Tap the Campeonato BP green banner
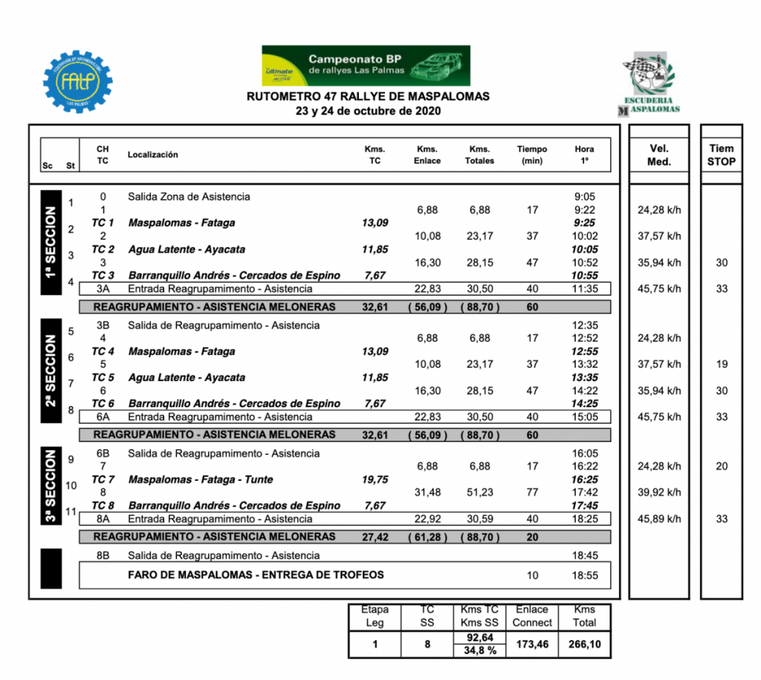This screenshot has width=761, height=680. point(366,65)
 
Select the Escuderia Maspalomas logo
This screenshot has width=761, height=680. point(649,83)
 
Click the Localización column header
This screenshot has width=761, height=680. point(153,155)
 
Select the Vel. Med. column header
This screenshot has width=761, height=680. point(658,155)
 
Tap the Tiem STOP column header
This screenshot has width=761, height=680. point(721,155)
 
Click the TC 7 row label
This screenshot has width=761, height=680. point(103,479)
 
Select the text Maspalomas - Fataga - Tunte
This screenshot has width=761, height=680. point(201,479)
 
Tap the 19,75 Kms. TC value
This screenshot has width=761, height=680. point(375,479)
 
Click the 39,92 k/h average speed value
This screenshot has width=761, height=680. point(659,492)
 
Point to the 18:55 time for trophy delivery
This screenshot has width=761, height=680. point(584,575)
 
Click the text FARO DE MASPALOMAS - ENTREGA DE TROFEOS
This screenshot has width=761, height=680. point(256,574)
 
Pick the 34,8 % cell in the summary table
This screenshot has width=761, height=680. point(479,650)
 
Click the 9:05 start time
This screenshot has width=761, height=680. point(585,197)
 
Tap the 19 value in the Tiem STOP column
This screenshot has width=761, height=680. point(721,364)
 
